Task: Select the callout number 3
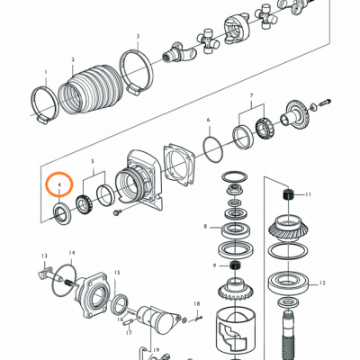coord(138,37)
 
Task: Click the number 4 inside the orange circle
coord(59,184)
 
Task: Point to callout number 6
coord(208,119)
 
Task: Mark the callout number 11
coord(307,194)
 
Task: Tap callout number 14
coord(72,253)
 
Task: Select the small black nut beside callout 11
coord(288,195)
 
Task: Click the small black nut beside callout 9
coord(234,266)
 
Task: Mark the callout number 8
coord(205,227)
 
